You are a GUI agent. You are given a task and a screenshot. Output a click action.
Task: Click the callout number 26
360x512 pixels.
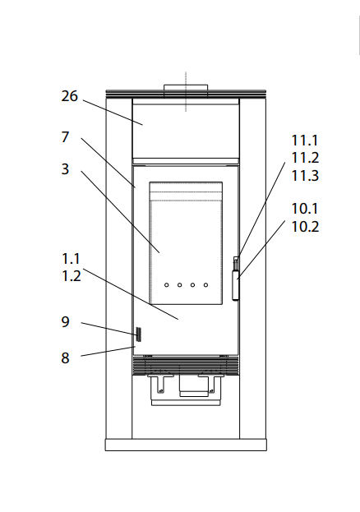70,96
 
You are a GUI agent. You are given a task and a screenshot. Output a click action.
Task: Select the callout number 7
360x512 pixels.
65,136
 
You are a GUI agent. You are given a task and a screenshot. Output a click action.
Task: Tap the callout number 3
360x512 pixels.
65,169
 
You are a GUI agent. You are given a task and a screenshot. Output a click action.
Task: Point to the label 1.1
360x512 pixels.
71,259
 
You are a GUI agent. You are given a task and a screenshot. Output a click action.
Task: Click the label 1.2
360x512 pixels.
72,276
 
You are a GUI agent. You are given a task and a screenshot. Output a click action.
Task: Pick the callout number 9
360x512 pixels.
65,321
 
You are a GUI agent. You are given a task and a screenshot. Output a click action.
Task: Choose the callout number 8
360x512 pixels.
65,357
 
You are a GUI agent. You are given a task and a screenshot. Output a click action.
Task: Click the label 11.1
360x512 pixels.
304,141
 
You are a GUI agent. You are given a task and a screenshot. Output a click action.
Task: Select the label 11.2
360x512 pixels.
305,158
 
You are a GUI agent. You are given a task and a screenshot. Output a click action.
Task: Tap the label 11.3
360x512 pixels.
305,175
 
